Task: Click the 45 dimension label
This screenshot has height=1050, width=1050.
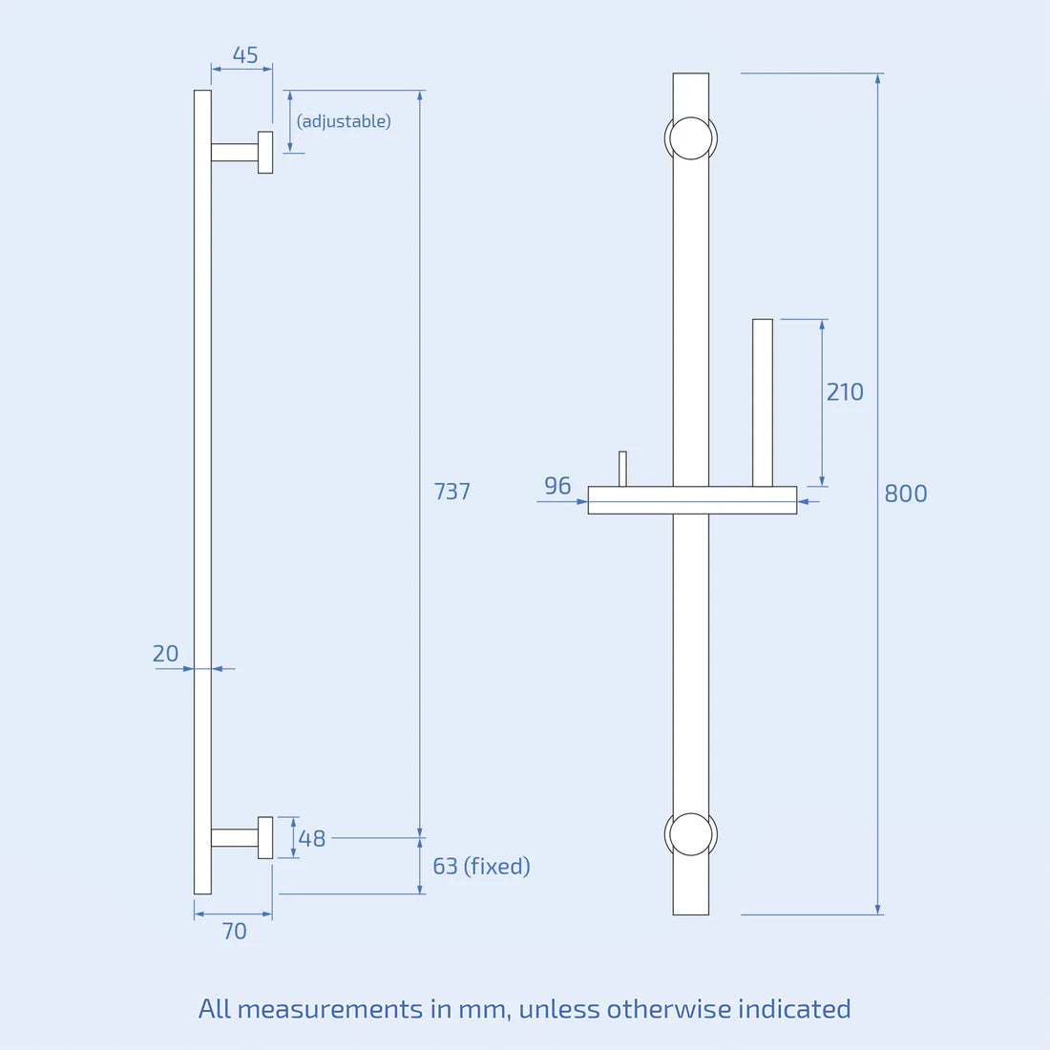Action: point(245,55)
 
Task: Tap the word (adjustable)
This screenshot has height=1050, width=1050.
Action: point(344,121)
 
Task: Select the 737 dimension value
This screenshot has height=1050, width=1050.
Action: point(452,492)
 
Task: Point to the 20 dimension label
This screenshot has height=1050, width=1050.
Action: point(165,654)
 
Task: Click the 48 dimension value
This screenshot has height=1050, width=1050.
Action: point(312,839)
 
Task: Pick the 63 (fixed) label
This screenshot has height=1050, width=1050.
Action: point(481,867)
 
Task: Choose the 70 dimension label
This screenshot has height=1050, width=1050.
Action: point(234,932)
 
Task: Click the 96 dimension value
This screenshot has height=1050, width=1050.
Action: point(557,486)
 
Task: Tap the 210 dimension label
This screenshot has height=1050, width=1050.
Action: point(845,392)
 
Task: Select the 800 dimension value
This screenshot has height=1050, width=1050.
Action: point(906,493)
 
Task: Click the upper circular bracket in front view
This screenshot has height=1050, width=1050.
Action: point(691,138)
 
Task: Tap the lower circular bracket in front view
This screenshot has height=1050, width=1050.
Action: point(691,834)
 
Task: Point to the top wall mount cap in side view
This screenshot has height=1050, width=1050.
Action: point(265,153)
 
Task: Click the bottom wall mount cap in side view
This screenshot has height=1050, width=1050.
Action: point(265,837)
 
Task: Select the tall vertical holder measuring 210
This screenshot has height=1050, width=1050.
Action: point(763,402)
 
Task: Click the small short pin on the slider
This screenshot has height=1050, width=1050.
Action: point(623,469)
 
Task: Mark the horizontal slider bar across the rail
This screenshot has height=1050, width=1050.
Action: point(692,500)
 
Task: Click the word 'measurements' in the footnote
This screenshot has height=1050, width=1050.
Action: point(330,1009)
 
